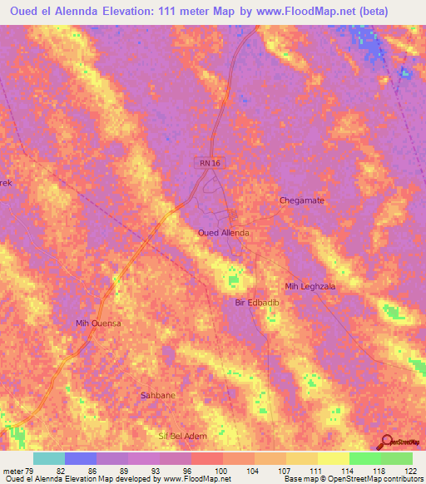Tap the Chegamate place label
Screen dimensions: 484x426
pos(300,200)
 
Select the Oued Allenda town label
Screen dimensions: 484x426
pos(223,233)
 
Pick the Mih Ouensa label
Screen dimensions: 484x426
pos(98,323)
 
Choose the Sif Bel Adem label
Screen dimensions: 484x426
pos(181,436)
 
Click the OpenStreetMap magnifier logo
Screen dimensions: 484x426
pos(387,442)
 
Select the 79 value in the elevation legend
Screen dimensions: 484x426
pos(32,471)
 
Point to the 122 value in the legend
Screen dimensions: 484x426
pos(411,471)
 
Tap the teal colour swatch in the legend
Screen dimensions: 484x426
pos(48,458)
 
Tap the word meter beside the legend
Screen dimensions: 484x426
pos(13,471)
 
